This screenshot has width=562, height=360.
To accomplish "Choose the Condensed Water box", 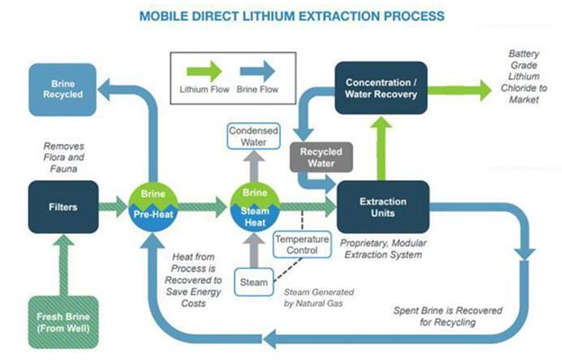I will tap(253, 136).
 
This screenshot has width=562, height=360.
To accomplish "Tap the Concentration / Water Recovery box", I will tap(382, 88).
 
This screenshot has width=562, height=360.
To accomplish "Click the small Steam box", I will tap(253, 283).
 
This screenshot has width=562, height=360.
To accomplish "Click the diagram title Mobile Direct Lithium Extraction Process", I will tap(281, 15).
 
